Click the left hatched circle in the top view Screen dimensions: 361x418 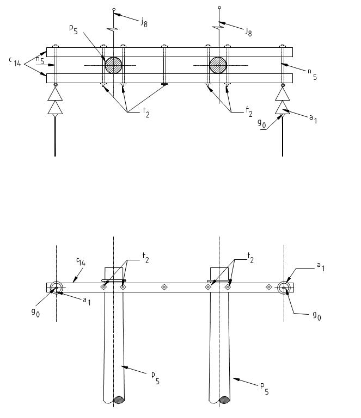[113, 65]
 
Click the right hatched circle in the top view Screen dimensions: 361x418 [218, 65]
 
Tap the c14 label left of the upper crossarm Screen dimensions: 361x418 [15, 62]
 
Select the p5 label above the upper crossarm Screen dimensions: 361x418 [74, 29]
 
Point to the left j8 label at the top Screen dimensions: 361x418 [144, 22]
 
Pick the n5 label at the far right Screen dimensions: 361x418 [312, 74]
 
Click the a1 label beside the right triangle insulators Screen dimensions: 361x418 [313, 118]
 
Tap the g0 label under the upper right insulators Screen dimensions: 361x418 [262, 124]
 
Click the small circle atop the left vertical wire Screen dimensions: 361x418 [114, 9]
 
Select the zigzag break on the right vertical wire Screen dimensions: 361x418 [218, 27]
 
